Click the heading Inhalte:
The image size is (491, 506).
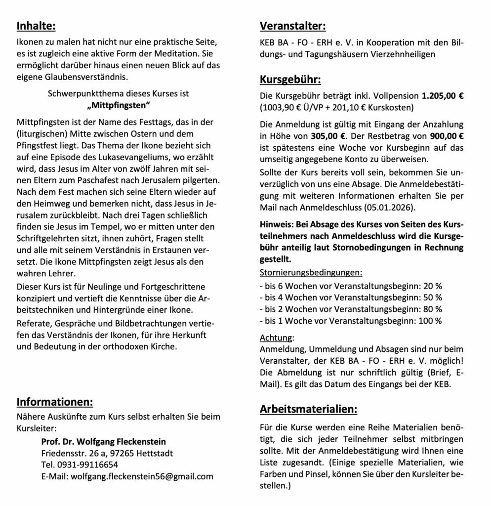pos(36,25)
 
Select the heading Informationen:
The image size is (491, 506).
pos(55,401)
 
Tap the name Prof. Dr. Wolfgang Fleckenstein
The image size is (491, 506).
pos(103,441)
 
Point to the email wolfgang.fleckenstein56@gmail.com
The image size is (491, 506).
pos(142,477)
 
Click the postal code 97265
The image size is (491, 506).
pos(131,453)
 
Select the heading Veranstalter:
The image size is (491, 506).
pos(292,26)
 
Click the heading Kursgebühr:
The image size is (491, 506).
pos(290,79)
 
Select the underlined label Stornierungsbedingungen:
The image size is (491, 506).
pos(311,273)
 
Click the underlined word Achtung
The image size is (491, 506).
pos(276,338)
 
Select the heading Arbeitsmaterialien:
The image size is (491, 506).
pos(309,409)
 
